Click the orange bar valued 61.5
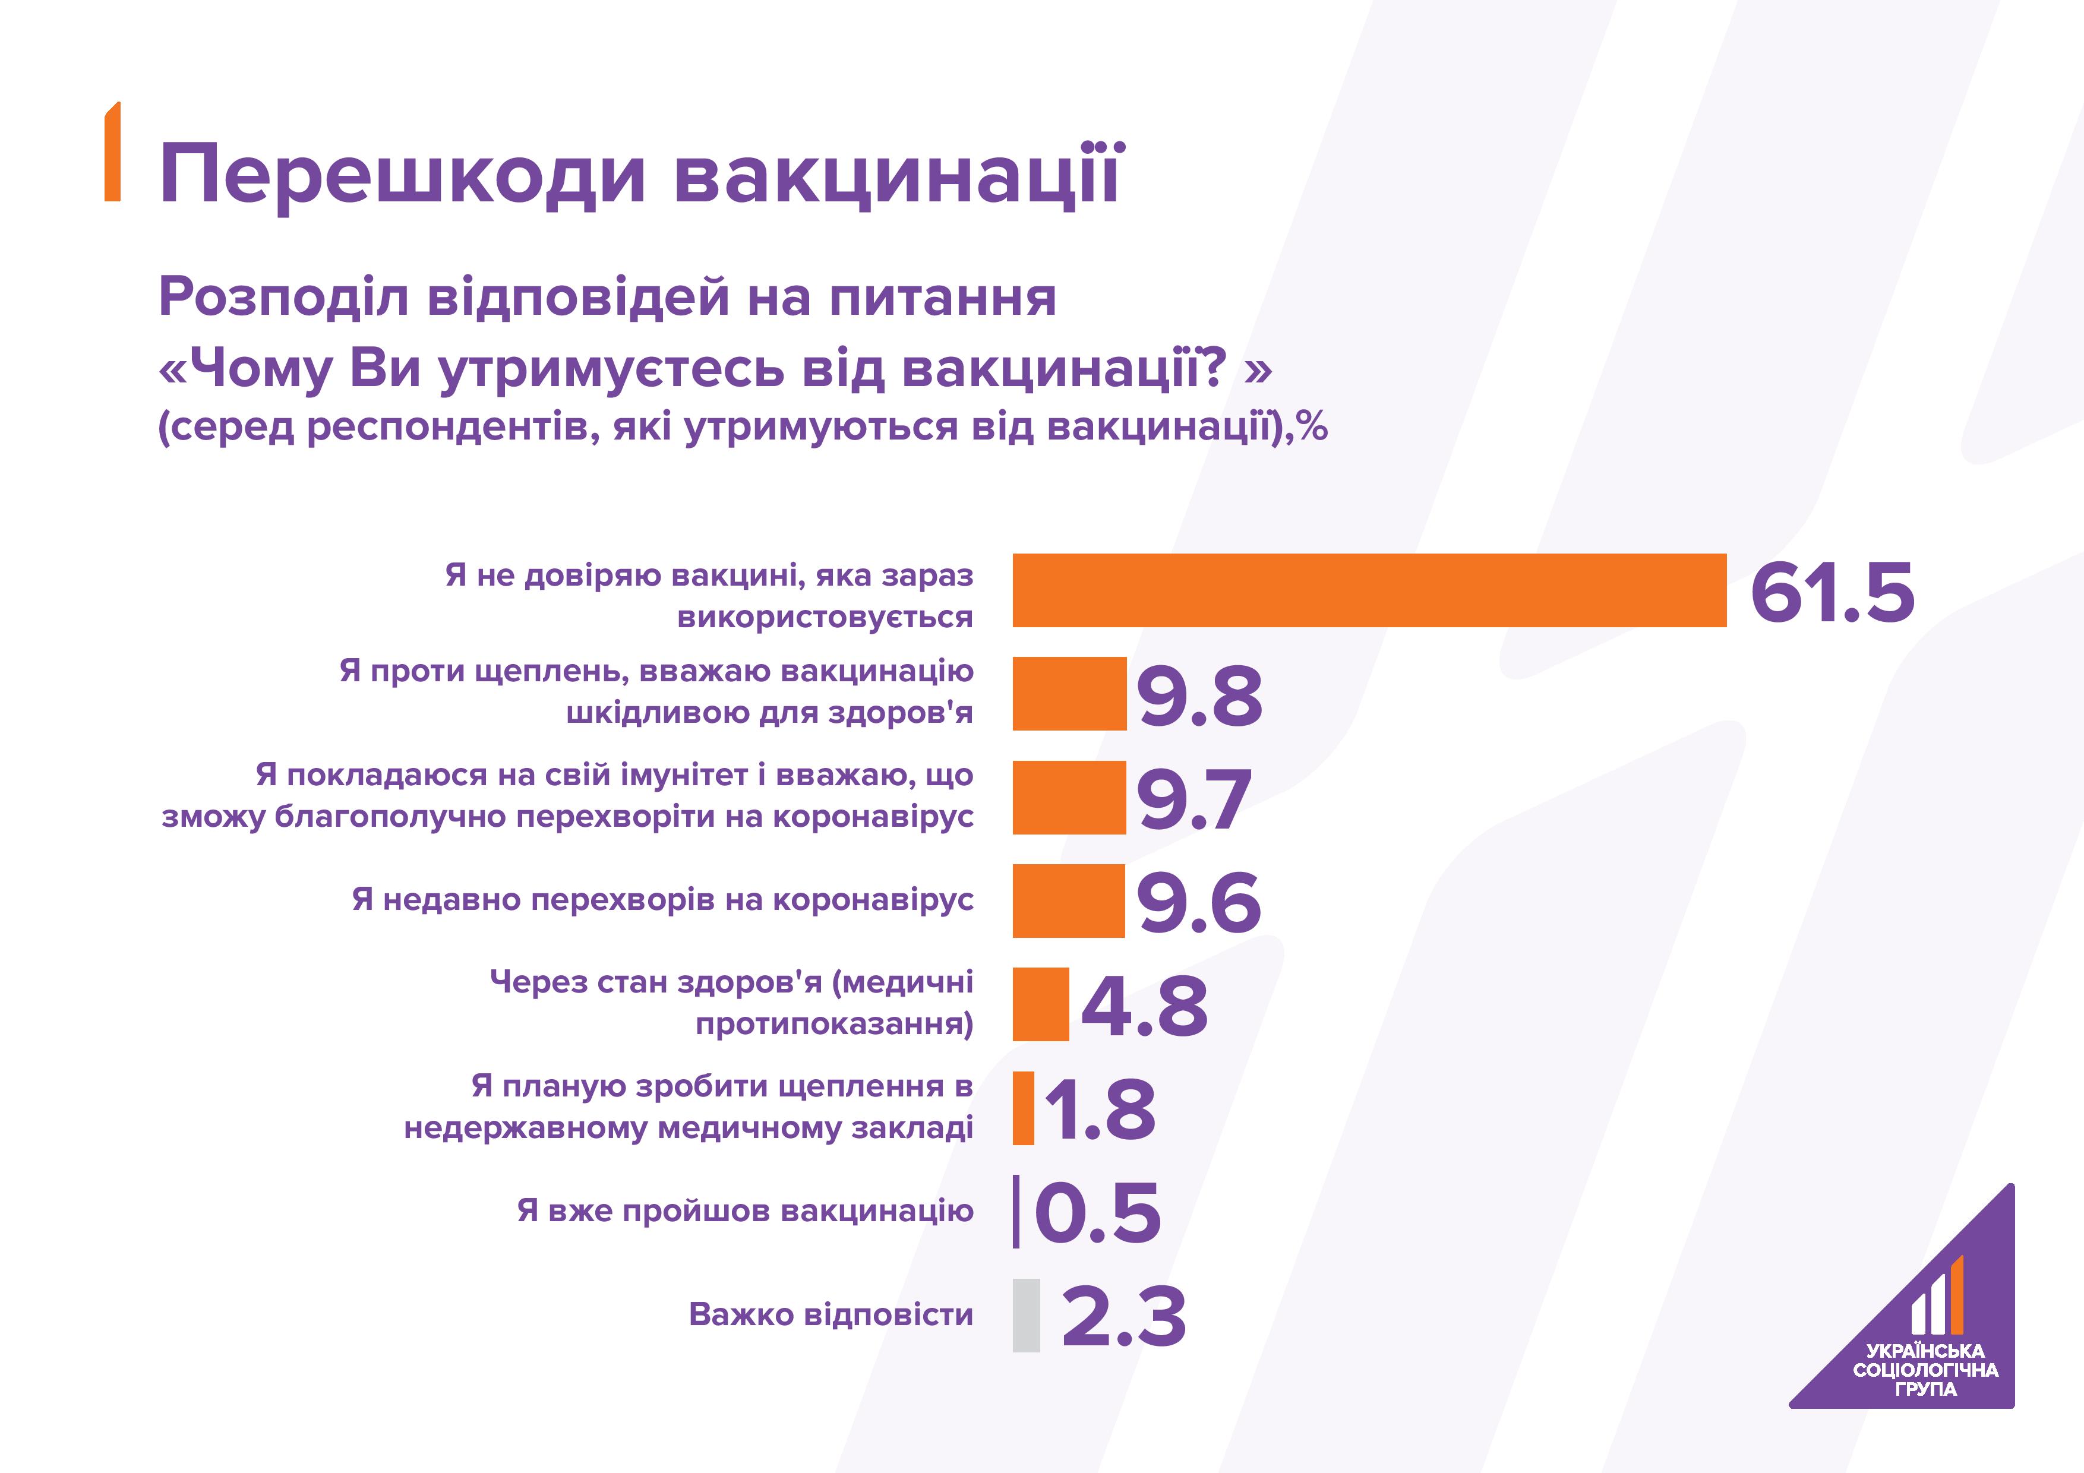pos(1369,590)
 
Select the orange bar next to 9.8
pos(1069,693)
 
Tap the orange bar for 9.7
pos(1069,797)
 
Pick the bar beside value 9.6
pos(1068,900)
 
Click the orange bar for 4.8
pos(1040,1004)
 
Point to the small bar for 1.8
pos(1023,1108)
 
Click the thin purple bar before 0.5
pos(1016,1212)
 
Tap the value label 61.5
pos(1832,593)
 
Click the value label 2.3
pos(1124,1317)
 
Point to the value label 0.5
pos(1097,1213)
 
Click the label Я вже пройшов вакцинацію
pos(745,1210)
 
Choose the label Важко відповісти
pos(831,1314)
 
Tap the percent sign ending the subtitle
pos(1312,426)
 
